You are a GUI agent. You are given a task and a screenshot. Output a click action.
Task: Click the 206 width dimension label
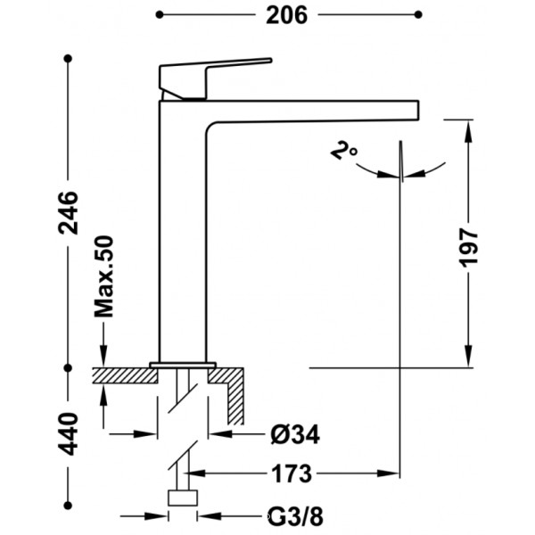tap(286, 15)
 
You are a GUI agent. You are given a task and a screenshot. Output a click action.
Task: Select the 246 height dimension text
tap(69, 213)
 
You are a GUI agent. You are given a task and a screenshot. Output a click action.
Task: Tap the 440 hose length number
tap(69, 433)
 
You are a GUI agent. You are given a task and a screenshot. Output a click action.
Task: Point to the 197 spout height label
tap(468, 248)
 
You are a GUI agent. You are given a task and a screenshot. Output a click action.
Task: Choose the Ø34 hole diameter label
tap(295, 435)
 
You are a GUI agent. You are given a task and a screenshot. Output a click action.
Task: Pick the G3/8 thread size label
tap(295, 516)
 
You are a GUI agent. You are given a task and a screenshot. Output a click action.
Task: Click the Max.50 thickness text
tap(103, 276)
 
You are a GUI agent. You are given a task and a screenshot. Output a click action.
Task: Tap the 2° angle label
tap(343, 150)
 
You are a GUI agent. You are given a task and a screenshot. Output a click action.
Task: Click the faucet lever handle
tap(215, 78)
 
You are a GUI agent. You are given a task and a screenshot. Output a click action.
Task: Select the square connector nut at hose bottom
tap(183, 498)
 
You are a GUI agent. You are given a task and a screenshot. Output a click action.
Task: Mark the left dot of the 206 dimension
tap(160, 14)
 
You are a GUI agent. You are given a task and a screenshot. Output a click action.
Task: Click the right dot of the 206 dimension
tap(418, 14)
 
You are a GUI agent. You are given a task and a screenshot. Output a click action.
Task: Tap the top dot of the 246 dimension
tap(68, 59)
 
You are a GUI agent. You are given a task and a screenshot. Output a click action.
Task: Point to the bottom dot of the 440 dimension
tap(68, 505)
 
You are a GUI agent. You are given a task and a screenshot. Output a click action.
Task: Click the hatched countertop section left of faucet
tap(125, 375)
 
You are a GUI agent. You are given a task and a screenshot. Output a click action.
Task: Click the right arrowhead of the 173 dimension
tap(388, 473)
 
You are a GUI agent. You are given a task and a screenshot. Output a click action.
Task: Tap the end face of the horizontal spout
tap(418, 110)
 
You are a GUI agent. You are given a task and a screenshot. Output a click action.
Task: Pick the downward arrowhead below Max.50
tap(103, 357)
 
